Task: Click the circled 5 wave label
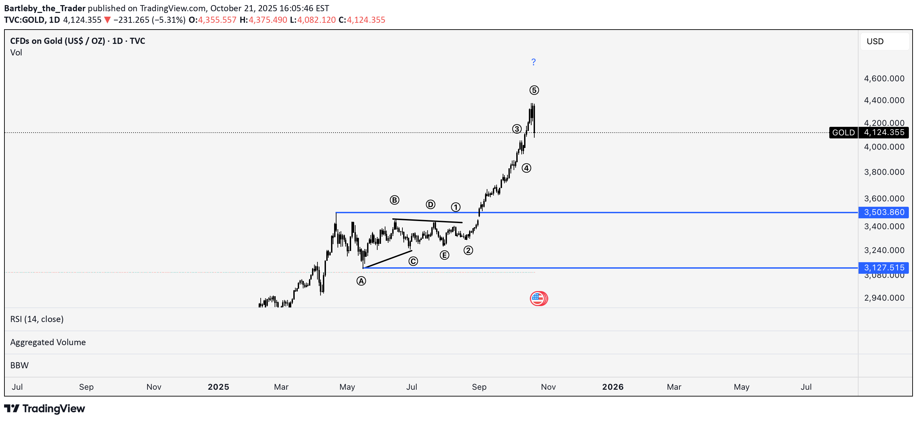[x=534, y=90]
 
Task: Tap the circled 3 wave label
[x=517, y=129]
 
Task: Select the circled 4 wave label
[x=526, y=168]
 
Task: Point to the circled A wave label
[x=361, y=281]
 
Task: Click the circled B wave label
[x=394, y=200]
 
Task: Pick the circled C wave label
[x=413, y=262]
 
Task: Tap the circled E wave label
[x=444, y=255]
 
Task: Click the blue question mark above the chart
[x=533, y=62]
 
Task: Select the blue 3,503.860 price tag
[x=884, y=212]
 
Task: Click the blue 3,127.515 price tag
[x=884, y=268]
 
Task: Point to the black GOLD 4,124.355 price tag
[x=869, y=133]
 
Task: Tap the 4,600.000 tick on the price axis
[x=884, y=78]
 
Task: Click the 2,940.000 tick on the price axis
[x=884, y=298]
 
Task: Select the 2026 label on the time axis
[x=613, y=387]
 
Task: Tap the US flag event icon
[x=538, y=299]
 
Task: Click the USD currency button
[x=875, y=41]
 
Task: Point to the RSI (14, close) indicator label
[x=37, y=319]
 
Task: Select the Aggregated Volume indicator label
[x=48, y=342]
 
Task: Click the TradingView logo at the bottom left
[x=45, y=408]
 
